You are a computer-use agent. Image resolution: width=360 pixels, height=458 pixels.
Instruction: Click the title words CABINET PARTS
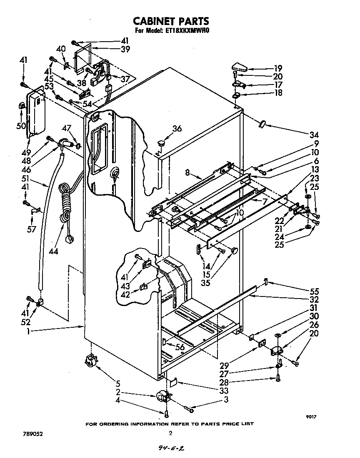170,21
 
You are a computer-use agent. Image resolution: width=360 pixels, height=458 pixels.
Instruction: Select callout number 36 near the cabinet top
177,129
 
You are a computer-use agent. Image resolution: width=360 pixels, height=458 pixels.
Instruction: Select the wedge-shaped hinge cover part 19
240,67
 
